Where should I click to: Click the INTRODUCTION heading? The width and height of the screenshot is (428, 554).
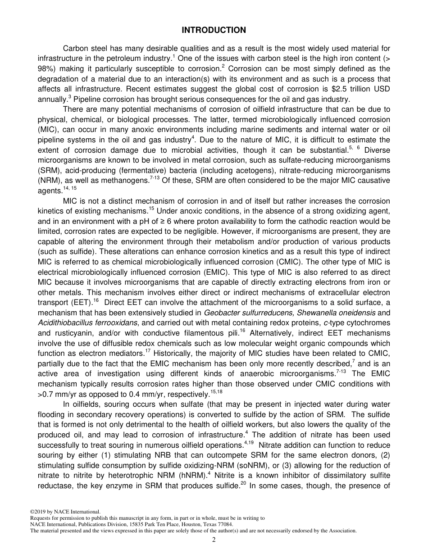(214, 30)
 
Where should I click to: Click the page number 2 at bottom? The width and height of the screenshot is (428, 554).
(214, 540)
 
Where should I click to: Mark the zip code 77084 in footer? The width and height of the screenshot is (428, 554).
(224, 524)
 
